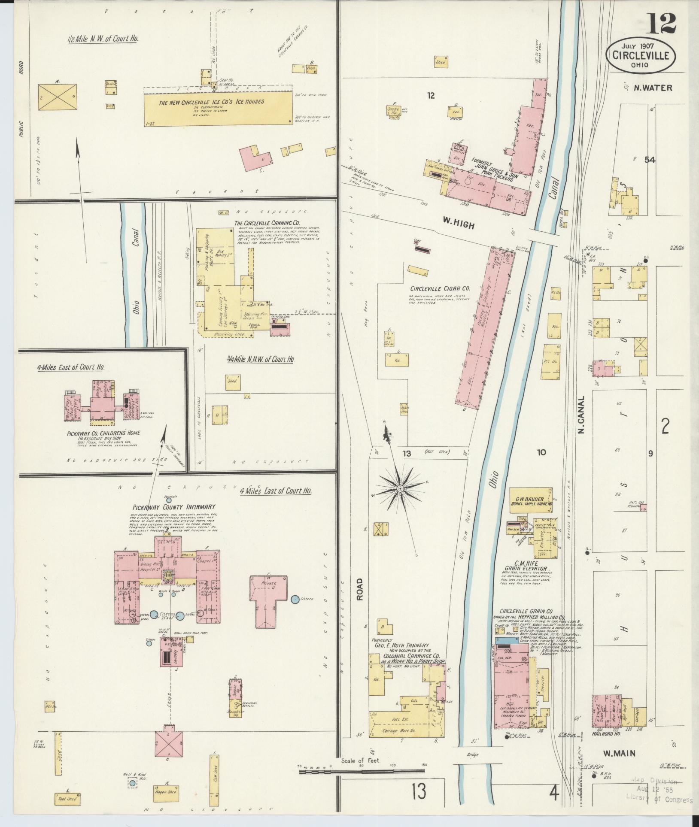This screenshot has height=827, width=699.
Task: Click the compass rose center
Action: (x=400, y=488)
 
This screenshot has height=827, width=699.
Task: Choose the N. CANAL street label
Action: (x=582, y=414)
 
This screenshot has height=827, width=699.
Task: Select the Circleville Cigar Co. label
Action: (x=440, y=289)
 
